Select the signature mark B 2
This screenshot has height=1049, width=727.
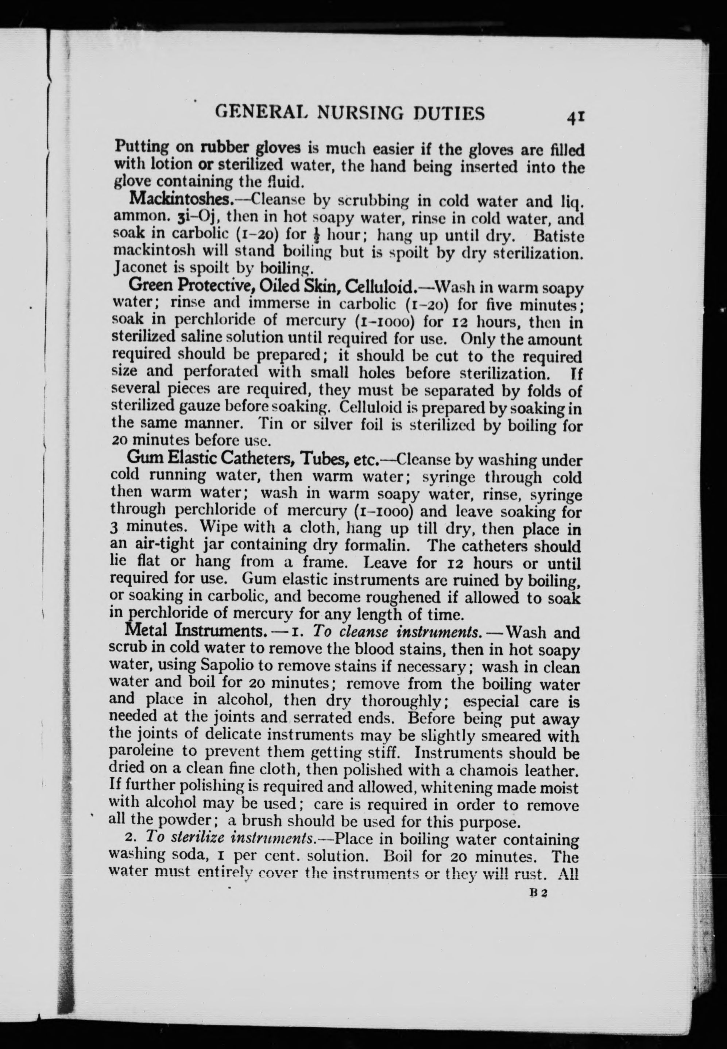(x=538, y=893)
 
